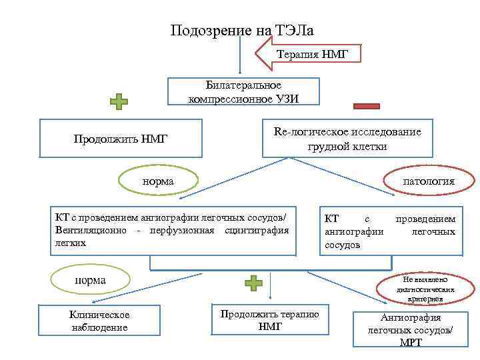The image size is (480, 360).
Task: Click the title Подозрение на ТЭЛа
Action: tap(242, 31)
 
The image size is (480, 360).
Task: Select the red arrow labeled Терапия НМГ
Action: tap(309, 54)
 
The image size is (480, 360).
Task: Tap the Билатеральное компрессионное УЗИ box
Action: tap(243, 91)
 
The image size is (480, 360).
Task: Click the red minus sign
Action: tap(366, 105)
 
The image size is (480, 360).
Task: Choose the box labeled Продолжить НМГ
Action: tap(121, 139)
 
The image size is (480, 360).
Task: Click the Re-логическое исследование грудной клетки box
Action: tap(347, 139)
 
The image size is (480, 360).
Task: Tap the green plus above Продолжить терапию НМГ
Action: tap(253, 283)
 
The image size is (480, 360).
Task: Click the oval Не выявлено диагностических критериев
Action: tap(425, 289)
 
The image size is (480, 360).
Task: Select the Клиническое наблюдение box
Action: tap(99, 321)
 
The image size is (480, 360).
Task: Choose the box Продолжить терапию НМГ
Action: tap(270, 320)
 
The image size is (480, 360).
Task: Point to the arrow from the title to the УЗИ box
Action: tap(239, 57)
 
